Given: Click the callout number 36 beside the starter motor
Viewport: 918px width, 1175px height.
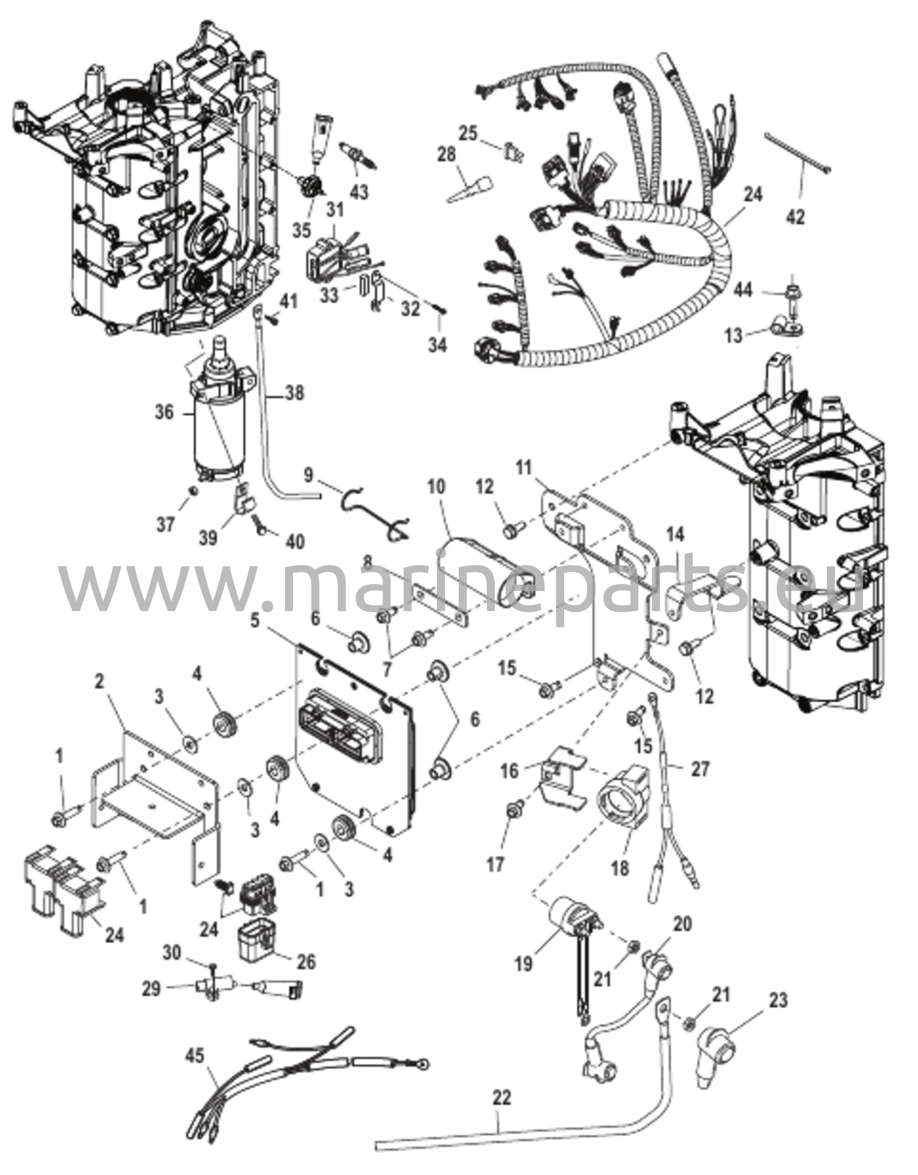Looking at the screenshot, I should (164, 413).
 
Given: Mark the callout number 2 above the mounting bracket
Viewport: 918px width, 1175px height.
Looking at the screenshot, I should (100, 682).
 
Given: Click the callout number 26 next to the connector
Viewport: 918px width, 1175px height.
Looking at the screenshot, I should (307, 962).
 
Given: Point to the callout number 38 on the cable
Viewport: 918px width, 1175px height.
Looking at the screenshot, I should (295, 394).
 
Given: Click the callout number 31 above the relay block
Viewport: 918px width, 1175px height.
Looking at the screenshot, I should (335, 210).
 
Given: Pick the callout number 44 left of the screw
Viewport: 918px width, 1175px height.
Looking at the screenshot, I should (744, 291).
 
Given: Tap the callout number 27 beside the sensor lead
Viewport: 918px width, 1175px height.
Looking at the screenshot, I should (700, 768).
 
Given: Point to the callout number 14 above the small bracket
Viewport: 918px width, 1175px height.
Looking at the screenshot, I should (675, 535).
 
